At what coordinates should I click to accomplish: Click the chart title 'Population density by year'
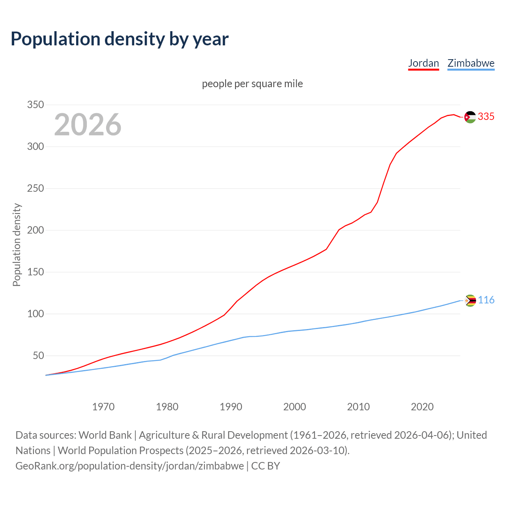[x=120, y=39]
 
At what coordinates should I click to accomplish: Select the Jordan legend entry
[x=423, y=63]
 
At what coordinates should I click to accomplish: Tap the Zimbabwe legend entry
[x=471, y=63]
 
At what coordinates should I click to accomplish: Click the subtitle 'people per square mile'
[x=252, y=84]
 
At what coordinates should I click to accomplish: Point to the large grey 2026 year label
[x=88, y=125]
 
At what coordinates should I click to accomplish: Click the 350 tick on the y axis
[x=35, y=105]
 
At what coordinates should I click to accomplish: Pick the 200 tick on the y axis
[x=35, y=230]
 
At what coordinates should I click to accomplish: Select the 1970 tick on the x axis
[x=103, y=407]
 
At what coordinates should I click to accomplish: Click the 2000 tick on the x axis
[x=295, y=407]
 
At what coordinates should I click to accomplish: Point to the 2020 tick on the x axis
[x=422, y=407]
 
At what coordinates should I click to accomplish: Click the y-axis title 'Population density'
[x=17, y=245]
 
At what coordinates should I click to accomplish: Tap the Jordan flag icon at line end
[x=470, y=117]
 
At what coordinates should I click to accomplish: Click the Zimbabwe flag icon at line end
[x=470, y=301]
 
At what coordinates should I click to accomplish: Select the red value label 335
[x=486, y=117]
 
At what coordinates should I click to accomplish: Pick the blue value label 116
[x=486, y=300]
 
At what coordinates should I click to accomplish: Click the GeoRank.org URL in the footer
[x=129, y=466]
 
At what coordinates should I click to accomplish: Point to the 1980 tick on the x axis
[x=167, y=407]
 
